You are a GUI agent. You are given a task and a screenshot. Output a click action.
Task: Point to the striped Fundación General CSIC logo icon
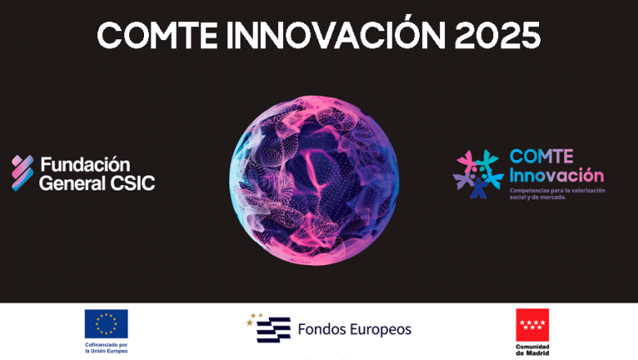tap(22, 172)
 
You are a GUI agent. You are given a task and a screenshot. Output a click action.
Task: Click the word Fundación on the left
tap(85, 164)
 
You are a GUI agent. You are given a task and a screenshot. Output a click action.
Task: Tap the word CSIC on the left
tap(130, 182)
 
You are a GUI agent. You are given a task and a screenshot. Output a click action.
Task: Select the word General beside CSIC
tap(71, 182)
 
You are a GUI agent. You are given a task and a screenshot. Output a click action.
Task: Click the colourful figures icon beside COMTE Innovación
tap(478, 173)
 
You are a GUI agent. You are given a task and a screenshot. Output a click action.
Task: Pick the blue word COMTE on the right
tap(541, 156)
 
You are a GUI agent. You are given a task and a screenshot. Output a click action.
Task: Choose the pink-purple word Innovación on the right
tap(556, 174)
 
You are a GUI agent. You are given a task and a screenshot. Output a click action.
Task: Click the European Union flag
tap(106, 323)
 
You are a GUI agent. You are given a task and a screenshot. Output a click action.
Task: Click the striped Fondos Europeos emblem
tap(273, 331)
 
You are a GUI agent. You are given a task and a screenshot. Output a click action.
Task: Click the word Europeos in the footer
tap(380, 331)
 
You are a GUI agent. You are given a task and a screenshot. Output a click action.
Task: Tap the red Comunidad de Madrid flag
tap(532, 325)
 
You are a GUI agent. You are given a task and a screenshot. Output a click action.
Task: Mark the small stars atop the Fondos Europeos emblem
tap(255, 317)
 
